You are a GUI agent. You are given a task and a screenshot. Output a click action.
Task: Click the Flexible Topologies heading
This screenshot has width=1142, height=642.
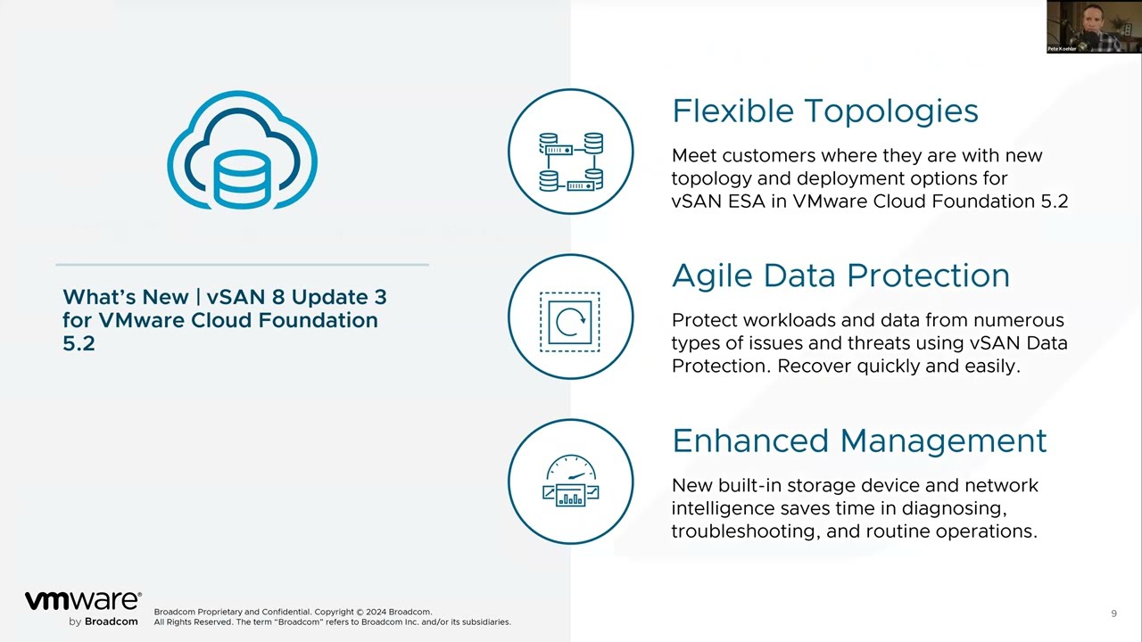tap(824, 111)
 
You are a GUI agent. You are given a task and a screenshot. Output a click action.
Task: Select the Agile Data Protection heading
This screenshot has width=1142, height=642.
tap(840, 276)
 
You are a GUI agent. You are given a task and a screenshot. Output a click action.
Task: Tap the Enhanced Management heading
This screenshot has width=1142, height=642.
tap(859, 440)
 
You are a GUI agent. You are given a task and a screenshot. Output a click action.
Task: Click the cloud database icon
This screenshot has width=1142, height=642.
tap(242, 151)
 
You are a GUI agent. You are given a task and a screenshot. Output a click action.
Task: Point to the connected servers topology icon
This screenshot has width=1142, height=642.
tap(571, 160)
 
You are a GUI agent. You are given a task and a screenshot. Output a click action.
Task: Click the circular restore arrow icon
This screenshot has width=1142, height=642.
tap(570, 320)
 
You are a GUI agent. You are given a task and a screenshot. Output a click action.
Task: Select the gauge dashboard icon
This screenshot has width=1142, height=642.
tap(571, 481)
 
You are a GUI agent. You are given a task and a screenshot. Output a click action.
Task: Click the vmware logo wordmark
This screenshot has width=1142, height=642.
tap(82, 601)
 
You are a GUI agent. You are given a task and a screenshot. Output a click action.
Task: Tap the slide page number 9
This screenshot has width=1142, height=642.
tap(1113, 613)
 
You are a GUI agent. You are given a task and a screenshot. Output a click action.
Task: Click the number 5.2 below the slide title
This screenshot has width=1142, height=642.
tap(79, 343)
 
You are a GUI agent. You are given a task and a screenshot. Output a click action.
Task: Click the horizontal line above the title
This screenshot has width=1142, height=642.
tap(242, 265)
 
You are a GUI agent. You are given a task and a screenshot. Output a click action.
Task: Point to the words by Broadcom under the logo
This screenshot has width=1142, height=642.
tap(103, 621)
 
